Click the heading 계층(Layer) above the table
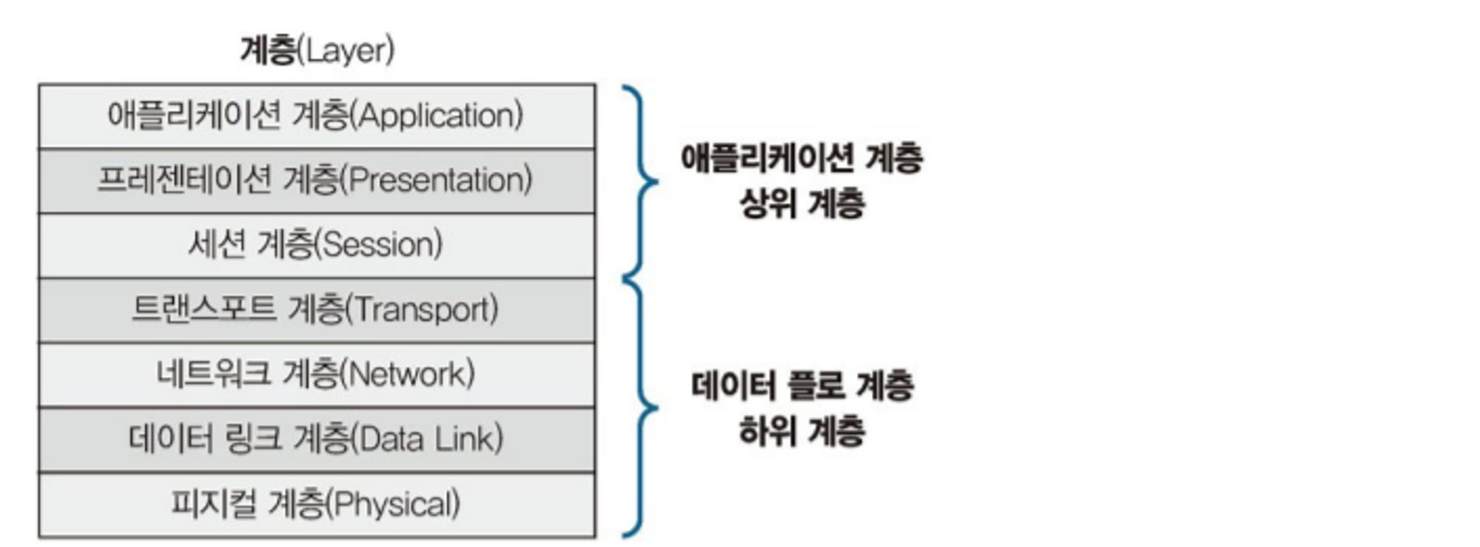(317, 50)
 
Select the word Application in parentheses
(440, 115)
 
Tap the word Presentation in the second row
(440, 180)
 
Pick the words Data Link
(429, 438)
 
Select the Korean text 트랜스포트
(203, 309)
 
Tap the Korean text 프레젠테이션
(184, 180)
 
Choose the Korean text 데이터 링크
(205, 438)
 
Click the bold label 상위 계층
(802, 203)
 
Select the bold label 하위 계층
(802, 430)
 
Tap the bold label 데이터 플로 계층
(802, 386)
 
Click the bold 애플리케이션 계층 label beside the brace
(802, 158)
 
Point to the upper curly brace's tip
(656, 181)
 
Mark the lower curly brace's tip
(656, 407)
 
